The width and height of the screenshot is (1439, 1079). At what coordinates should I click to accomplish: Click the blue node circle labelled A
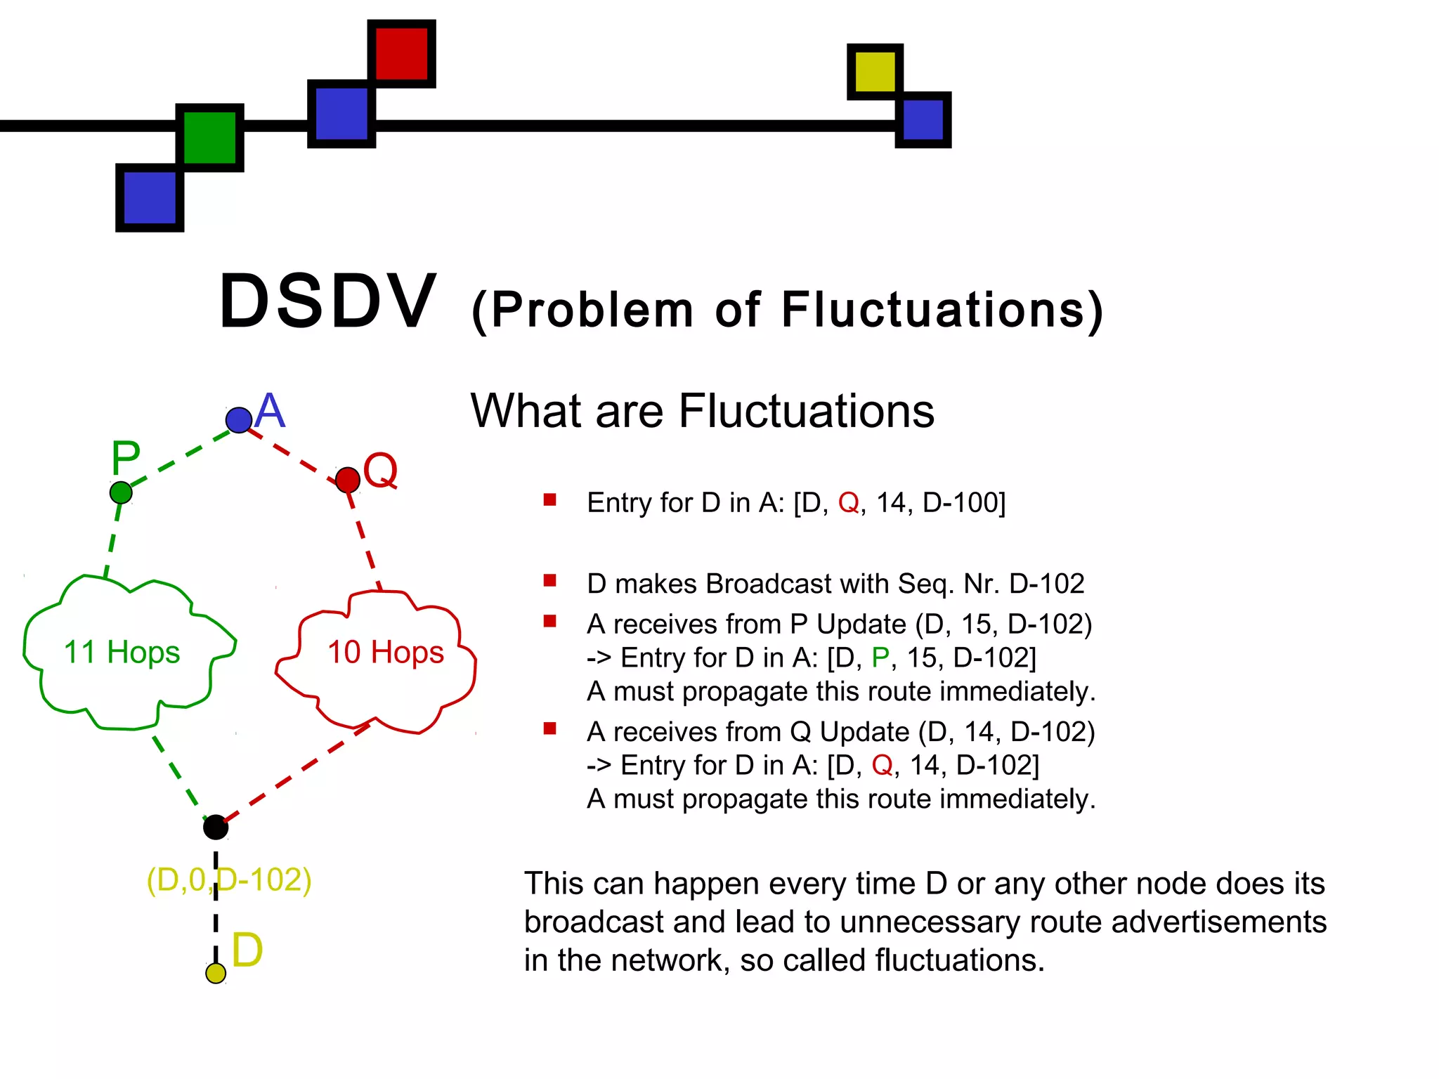tap(239, 420)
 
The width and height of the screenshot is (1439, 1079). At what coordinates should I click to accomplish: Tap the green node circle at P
tap(121, 492)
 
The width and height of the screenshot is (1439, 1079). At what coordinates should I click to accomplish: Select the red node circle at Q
tap(348, 480)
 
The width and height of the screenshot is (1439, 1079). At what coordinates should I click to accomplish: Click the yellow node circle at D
tap(216, 973)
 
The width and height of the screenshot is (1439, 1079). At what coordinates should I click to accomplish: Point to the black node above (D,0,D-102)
tap(216, 828)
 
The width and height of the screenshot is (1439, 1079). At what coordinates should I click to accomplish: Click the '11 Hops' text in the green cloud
tap(122, 653)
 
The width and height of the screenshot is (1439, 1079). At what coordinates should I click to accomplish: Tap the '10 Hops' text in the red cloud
tap(386, 653)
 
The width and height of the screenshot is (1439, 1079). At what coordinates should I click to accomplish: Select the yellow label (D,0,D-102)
tap(229, 879)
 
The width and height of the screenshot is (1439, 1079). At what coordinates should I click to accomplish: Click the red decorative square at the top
tap(401, 53)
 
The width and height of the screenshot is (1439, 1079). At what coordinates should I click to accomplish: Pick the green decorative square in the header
tap(209, 138)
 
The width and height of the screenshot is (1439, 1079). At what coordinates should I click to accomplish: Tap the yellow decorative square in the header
tap(875, 72)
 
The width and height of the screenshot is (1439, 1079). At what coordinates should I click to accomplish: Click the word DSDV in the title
tap(328, 302)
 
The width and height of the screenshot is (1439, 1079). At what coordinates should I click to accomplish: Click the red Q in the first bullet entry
tap(848, 503)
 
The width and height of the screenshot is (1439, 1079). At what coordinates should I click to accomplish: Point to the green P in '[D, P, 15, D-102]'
tap(880, 658)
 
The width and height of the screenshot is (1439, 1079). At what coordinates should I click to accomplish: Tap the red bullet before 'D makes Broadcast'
tap(549, 580)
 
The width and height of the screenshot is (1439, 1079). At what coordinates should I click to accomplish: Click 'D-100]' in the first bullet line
tap(964, 503)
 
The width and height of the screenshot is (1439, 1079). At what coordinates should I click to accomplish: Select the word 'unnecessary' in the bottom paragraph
tap(927, 922)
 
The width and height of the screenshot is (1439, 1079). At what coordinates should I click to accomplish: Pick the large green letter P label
tap(126, 458)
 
